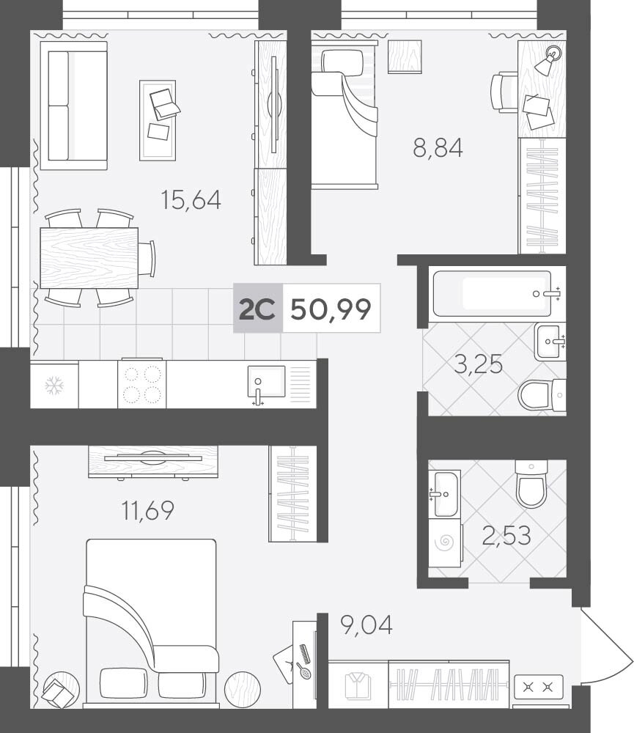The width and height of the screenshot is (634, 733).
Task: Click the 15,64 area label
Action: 191,199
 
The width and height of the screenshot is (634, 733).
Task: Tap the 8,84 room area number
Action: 438,148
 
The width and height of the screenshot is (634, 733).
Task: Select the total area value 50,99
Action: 331,309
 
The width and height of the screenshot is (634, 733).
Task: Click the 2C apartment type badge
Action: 257,309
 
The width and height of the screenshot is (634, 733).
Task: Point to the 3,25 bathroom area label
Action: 479,364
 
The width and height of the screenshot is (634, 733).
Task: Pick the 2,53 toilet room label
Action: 506,535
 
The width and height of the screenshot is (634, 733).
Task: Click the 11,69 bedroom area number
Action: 148,510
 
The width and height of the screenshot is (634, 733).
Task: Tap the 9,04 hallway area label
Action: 366,625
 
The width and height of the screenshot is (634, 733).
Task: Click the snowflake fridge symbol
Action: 54,386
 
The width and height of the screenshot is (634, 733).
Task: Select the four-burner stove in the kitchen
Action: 141,384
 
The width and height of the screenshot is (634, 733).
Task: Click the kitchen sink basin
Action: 266,380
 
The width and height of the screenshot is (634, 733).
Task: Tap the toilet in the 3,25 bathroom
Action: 542,396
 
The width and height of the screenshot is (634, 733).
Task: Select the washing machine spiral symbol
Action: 445,542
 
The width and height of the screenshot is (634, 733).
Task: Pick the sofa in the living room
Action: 74,105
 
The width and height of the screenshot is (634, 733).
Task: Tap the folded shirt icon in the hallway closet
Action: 358,686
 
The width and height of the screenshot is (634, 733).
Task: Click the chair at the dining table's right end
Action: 148,259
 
